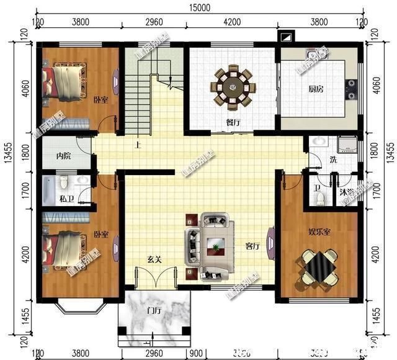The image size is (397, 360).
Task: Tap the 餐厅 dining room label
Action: pyautogui.click(x=233, y=122)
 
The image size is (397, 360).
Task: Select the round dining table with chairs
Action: pyautogui.click(x=234, y=86)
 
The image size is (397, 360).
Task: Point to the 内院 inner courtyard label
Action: pyautogui.click(x=63, y=156)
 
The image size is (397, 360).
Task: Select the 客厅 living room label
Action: pyautogui.click(x=252, y=246)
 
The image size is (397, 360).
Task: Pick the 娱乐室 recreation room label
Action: pyautogui.click(x=319, y=232)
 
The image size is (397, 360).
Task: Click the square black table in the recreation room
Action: pyautogui.click(x=318, y=268)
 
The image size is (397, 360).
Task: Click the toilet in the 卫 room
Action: pyautogui.click(x=319, y=197)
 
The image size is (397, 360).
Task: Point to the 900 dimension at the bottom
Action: pyautogui.click(x=195, y=353)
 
